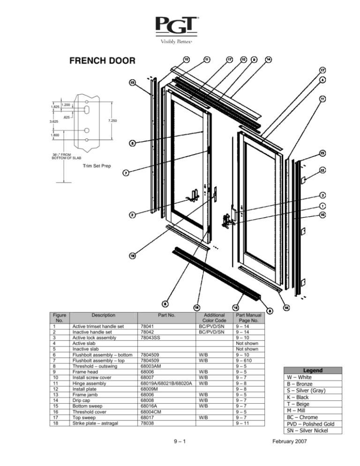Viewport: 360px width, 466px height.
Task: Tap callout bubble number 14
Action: point(268,60)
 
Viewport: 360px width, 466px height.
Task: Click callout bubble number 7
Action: point(126,173)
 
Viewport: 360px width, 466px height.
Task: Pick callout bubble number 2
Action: point(133,215)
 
